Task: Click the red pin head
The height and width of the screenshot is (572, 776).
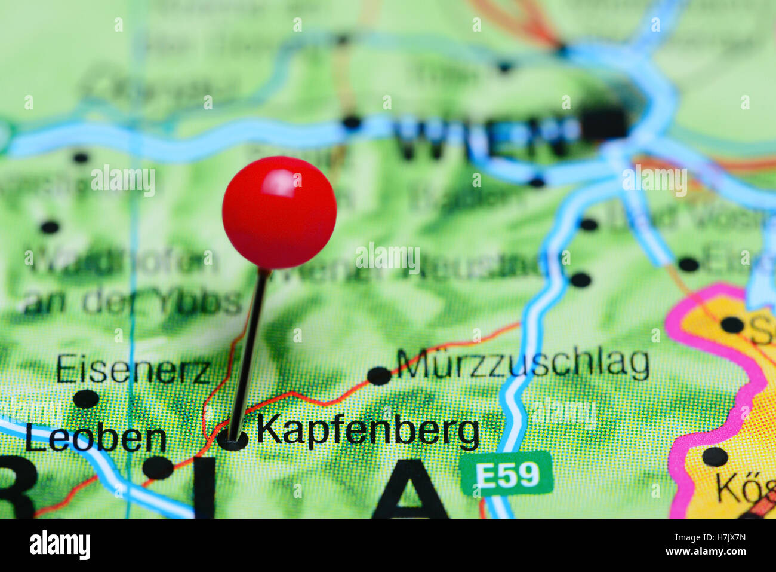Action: pyautogui.click(x=279, y=212)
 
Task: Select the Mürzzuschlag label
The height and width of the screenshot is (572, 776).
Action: pyautogui.click(x=524, y=363)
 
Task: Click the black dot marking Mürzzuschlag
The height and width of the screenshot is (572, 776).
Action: pyautogui.click(x=378, y=376)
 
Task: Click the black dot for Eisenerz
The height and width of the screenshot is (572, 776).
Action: pyautogui.click(x=86, y=399)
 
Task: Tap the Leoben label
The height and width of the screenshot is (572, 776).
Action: pyautogui.click(x=96, y=439)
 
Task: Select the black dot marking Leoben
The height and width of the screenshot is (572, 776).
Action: pyautogui.click(x=158, y=467)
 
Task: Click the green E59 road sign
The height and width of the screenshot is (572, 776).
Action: pyautogui.click(x=507, y=474)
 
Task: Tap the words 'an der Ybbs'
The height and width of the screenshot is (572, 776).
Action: pyautogui.click(x=132, y=302)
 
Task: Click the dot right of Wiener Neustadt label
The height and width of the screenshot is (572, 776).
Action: pyautogui.click(x=580, y=279)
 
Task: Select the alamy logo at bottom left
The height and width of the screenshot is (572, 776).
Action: pyautogui.click(x=60, y=545)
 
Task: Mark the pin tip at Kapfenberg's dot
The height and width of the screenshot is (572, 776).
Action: pyautogui.click(x=232, y=440)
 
